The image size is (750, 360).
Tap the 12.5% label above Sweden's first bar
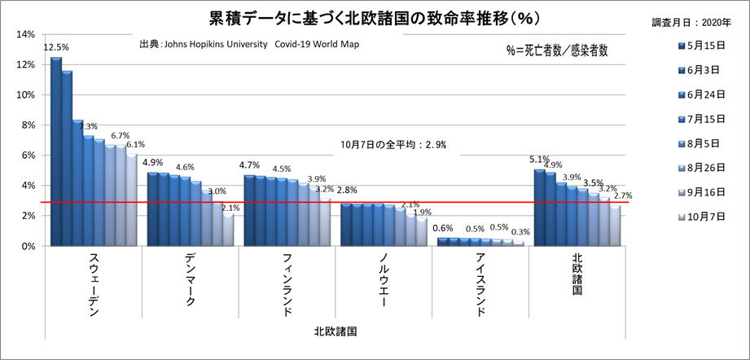(56, 47)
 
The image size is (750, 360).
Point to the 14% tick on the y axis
(24, 34)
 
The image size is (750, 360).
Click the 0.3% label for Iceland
(521, 232)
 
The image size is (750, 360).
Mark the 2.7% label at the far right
(623, 195)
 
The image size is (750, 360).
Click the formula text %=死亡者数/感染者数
(557, 50)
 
